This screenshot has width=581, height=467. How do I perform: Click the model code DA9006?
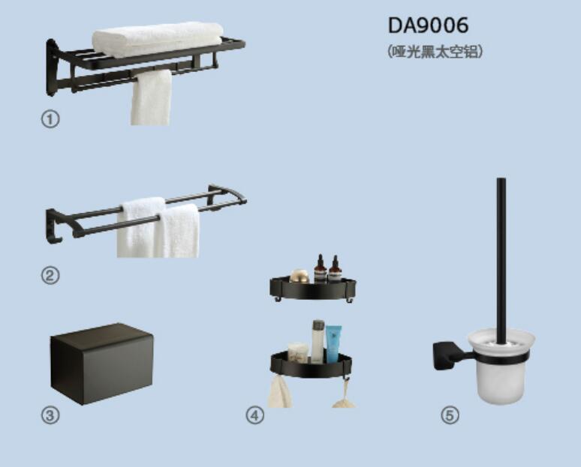pos(428,25)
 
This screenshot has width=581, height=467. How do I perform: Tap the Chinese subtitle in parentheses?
pos(435,52)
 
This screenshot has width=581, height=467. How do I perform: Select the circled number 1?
pos(50,119)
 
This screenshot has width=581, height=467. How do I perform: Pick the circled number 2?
pos(50,275)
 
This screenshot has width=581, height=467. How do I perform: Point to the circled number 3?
pos(50,415)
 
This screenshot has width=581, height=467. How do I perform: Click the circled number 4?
pos(255,415)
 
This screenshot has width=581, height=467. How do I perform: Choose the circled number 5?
pos(450,415)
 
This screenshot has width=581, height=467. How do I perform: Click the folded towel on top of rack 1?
pos(158,39)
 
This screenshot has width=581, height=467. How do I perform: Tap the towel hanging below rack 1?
pos(151,97)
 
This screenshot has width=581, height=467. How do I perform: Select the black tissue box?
pos(101,364)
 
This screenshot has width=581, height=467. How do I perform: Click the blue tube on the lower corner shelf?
pos(333,343)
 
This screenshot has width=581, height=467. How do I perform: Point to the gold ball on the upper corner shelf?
pos(300,276)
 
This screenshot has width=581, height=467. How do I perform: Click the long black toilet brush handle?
pos(501,259)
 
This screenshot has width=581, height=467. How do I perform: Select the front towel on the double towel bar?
pos(177,232)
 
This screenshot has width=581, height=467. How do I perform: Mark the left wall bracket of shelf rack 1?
pos(52,67)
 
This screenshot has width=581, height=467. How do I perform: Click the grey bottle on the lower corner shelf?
pos(318,341)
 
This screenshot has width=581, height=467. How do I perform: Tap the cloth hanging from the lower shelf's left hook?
pos(279,391)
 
